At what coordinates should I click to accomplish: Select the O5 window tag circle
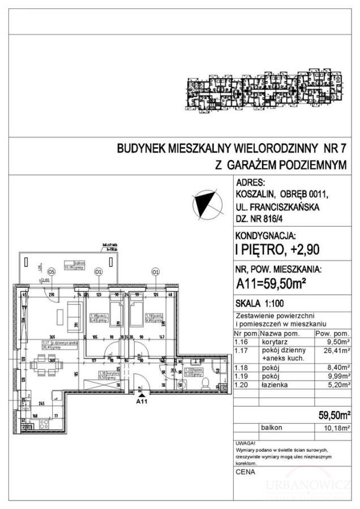coord(51,271)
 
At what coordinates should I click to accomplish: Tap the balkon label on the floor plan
coord(71,263)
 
